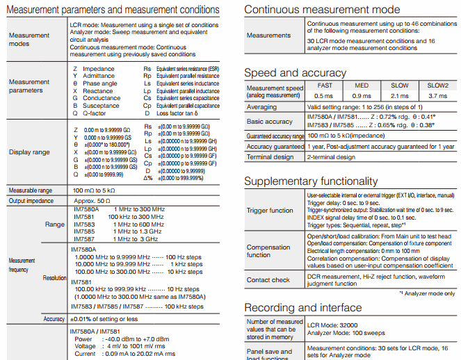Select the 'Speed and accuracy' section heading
pos(295,73)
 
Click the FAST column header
pos(324,85)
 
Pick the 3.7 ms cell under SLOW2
pos(438,95)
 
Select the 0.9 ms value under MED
pos(362,95)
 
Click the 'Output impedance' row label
pos(31,201)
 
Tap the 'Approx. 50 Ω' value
pos(92,201)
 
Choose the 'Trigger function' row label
pos(270,210)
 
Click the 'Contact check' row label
pos(268,280)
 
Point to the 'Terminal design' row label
pos(270,157)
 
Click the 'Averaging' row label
pos(261,108)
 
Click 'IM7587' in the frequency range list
pos(84,239)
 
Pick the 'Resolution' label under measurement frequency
pos(55,277)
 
